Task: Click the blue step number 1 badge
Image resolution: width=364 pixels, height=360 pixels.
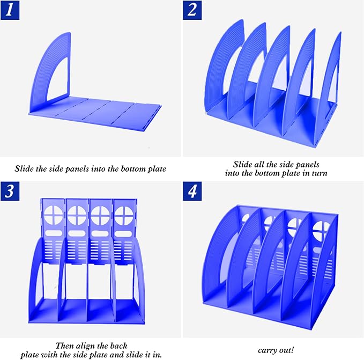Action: click(x=10, y=10)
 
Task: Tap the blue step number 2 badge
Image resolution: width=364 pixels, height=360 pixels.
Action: click(x=192, y=10)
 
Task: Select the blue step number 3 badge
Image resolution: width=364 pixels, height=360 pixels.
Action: click(x=10, y=191)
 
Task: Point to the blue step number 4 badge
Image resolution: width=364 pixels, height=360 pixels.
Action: click(x=192, y=191)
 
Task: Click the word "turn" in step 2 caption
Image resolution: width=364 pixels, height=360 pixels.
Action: click(x=320, y=173)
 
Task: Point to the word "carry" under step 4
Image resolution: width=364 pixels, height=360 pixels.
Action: click(x=266, y=350)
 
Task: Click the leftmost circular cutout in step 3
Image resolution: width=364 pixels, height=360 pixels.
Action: click(x=54, y=215)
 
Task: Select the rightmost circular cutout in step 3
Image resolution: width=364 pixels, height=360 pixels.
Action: click(x=124, y=216)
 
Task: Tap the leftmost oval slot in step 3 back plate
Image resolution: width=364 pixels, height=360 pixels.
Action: click(x=54, y=233)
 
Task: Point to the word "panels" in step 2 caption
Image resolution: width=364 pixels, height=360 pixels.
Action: click(x=308, y=164)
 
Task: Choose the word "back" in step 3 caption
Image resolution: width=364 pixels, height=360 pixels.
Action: click(x=118, y=346)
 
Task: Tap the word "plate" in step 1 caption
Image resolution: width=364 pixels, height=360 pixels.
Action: click(x=157, y=169)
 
